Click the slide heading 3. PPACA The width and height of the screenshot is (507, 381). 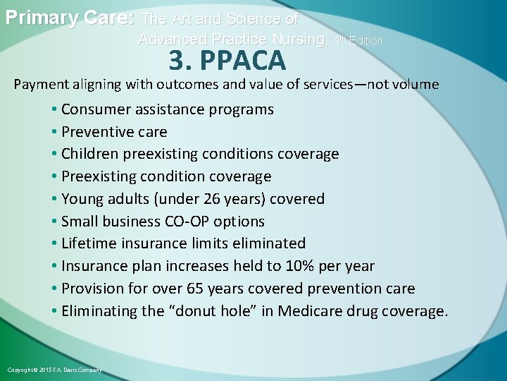pyautogui.click(x=227, y=61)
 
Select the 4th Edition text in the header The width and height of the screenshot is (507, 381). pyautogui.click(x=358, y=40)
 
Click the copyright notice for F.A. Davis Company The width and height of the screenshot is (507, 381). pyautogui.click(x=54, y=370)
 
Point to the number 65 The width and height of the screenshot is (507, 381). pyautogui.click(x=195, y=289)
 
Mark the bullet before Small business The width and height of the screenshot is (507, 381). pyautogui.click(x=55, y=222)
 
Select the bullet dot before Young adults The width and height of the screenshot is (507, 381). pyautogui.click(x=55, y=199)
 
